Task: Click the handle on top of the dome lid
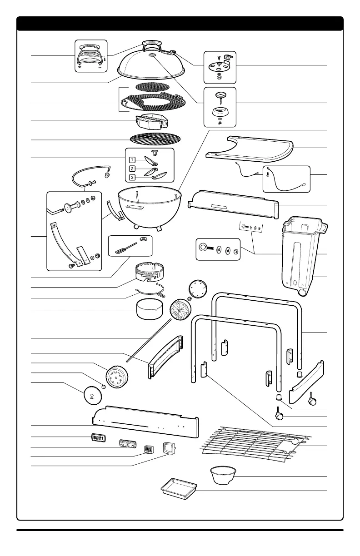pos(150,44)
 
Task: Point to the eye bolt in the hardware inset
pos(203,248)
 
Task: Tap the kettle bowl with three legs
pos(147,207)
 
